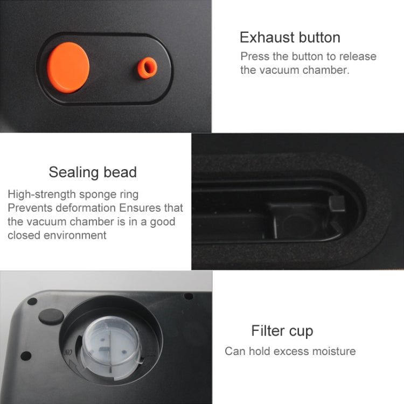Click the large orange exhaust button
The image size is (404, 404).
click(68, 67)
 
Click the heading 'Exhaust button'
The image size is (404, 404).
click(290, 38)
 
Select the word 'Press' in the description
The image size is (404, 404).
click(254, 57)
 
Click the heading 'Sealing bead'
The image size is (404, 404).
click(93, 172)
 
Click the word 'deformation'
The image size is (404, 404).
click(82, 207)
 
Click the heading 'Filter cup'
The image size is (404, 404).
click(282, 331)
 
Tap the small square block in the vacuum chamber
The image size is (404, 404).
click(336, 204)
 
